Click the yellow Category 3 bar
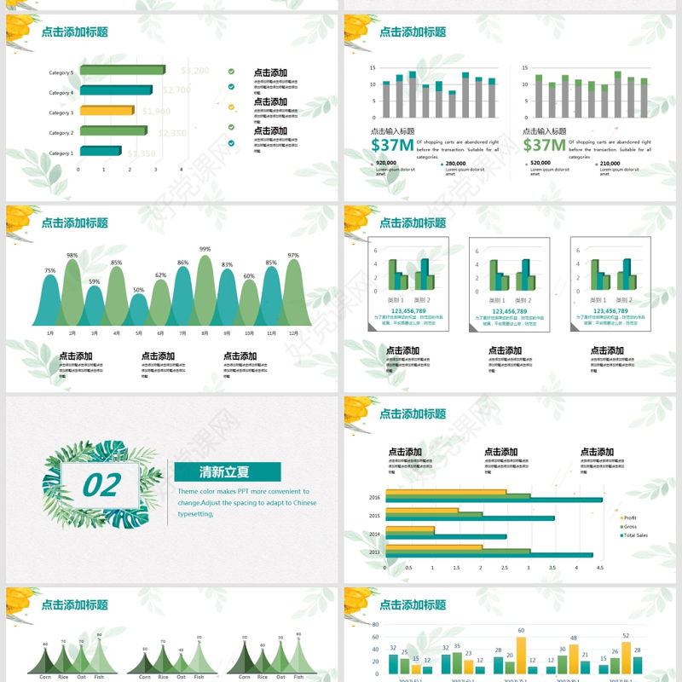[x=107, y=111]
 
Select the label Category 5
[x=61, y=72]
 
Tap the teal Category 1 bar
[x=101, y=152]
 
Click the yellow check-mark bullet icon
[x=231, y=107]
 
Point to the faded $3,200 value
[x=195, y=71]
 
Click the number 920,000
[x=385, y=163]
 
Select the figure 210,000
[x=610, y=163]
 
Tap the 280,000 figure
[x=455, y=163]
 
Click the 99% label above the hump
[x=205, y=249]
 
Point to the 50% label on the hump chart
[x=138, y=290]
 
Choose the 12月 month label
[x=293, y=332]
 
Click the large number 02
[x=101, y=485]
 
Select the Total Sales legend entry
[x=634, y=535]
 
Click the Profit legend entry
[x=629, y=517]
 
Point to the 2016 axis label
[x=374, y=497]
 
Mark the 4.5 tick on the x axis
[x=599, y=568]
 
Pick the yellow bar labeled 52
[x=626, y=656]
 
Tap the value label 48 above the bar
[x=574, y=638]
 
